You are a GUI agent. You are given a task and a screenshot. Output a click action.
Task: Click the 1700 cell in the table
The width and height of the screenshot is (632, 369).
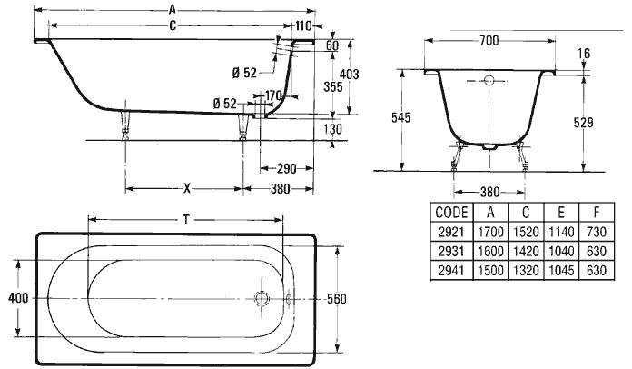[490, 232]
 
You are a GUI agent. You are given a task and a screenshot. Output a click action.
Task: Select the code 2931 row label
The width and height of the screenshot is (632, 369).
[451, 251]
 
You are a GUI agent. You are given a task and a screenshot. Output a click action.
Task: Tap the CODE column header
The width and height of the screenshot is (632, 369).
[452, 212]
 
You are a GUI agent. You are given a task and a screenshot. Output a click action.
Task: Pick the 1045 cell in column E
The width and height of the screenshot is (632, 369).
[561, 270]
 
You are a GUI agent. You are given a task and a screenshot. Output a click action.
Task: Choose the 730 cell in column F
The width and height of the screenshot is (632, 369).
[597, 232]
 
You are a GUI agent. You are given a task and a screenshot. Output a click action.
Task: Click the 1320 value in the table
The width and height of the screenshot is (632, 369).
[526, 270]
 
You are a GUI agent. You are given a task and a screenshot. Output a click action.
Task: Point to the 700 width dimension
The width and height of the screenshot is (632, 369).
[489, 40]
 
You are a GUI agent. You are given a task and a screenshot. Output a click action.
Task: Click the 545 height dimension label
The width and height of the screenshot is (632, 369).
[400, 117]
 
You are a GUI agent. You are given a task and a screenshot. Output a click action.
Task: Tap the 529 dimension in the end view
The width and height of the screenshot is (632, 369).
[583, 122]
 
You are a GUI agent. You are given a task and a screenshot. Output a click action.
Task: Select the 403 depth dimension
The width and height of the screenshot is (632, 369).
[349, 75]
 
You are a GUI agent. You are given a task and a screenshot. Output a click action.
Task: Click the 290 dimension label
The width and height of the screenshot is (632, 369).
[287, 168]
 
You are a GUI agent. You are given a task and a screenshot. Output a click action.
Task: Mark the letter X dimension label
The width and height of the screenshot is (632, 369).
[187, 188]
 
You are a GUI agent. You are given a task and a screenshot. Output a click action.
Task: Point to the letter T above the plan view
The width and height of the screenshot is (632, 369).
[186, 220]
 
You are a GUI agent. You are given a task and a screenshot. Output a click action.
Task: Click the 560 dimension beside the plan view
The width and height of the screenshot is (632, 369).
[337, 299]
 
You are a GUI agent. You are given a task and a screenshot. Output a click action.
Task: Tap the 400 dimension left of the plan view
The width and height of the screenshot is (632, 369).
[18, 298]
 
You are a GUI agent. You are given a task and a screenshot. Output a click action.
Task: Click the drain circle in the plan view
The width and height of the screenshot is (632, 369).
[262, 298]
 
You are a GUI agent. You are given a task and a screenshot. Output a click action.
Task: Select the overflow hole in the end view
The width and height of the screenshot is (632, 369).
[489, 80]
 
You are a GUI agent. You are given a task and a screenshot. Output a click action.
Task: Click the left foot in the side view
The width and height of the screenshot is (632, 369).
[125, 125]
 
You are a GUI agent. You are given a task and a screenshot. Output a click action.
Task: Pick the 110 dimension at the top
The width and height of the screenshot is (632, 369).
[303, 26]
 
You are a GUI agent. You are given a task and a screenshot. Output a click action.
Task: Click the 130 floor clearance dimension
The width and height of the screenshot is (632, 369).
[332, 129]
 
